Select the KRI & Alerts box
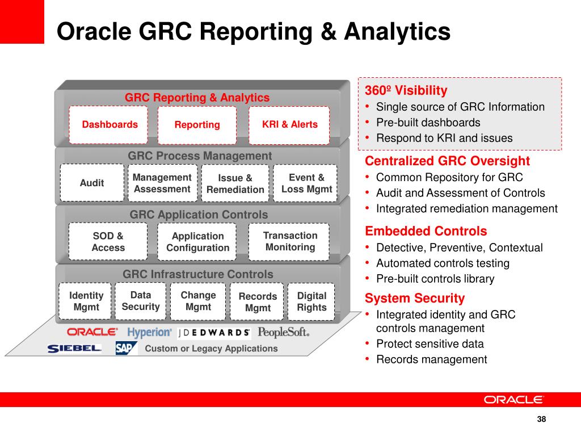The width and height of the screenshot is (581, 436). click(x=289, y=124)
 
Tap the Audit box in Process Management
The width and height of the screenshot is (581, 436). click(x=92, y=183)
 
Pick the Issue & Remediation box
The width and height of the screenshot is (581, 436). click(x=235, y=184)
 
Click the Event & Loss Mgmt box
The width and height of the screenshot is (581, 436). click(x=306, y=183)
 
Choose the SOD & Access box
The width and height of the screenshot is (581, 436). click(x=108, y=241)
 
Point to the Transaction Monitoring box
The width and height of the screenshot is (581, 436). click(x=289, y=241)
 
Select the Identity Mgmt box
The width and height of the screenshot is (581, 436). click(x=86, y=301)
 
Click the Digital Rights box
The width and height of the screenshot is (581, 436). click(x=311, y=301)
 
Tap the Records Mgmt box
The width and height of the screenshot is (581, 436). click(x=258, y=302)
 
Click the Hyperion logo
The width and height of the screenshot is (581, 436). click(x=149, y=332)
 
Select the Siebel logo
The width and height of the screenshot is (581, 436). click(x=74, y=348)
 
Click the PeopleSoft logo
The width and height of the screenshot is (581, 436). click(x=283, y=332)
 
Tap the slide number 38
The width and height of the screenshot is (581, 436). click(x=541, y=419)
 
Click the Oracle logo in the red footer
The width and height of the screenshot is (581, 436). click(x=514, y=400)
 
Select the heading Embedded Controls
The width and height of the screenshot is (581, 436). click(x=426, y=231)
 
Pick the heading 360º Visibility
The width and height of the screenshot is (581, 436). click(x=406, y=90)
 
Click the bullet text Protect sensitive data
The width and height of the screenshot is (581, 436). click(x=430, y=343)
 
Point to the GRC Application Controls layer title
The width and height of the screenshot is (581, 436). click(x=199, y=215)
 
